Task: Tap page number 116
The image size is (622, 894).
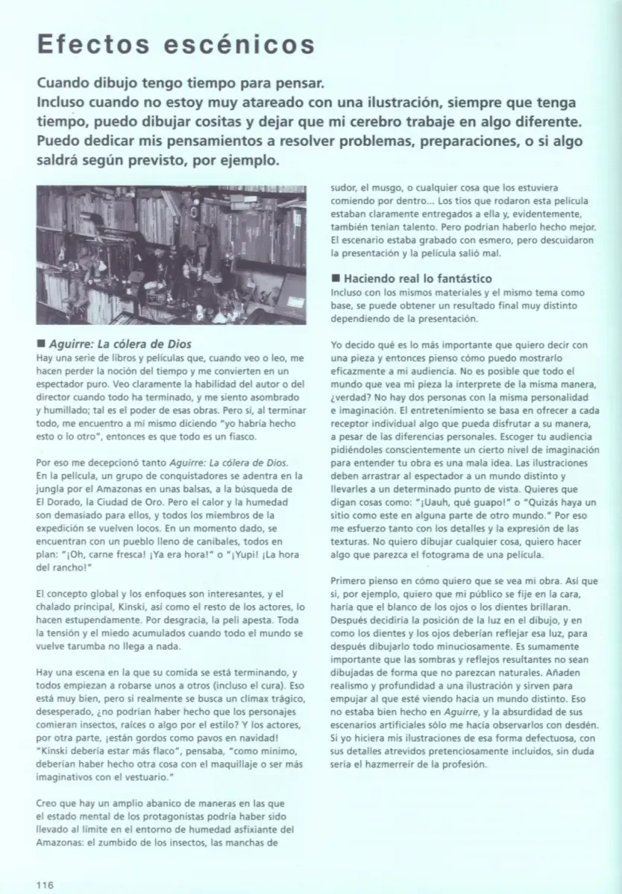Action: (x=46, y=884)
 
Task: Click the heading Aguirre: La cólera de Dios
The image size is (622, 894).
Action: (x=119, y=344)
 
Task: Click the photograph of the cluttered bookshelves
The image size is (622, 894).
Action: (x=171, y=255)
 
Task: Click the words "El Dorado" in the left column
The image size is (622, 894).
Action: (x=57, y=501)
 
